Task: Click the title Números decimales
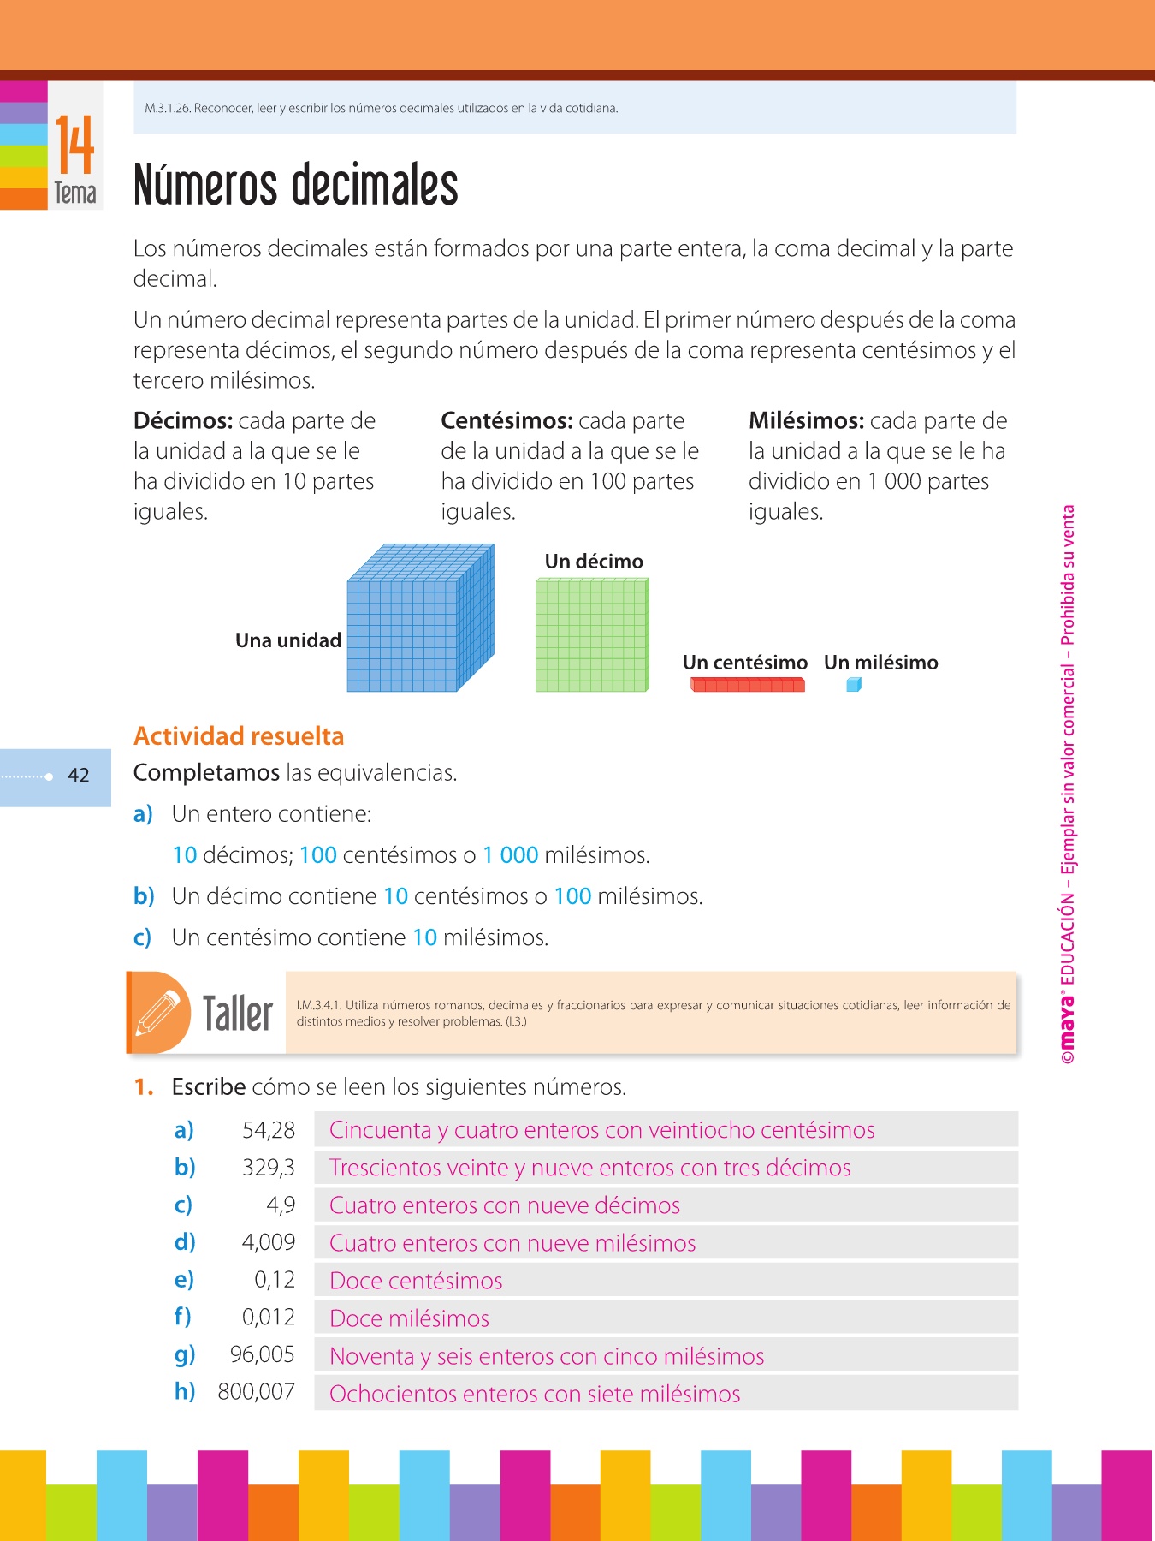295,186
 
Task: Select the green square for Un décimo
592,634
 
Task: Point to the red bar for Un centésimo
747,685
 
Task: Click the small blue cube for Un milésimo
853,684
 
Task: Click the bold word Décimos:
183,421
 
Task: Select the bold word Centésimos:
506,421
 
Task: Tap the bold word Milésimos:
806,421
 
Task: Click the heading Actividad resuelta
239,736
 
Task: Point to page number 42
79,776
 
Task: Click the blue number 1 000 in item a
510,855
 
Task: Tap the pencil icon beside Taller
159,1013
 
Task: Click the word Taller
237,1014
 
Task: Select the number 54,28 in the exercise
268,1130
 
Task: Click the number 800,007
256,1392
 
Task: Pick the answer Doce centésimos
416,1281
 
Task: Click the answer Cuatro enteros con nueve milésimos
512,1243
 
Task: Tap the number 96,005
262,1354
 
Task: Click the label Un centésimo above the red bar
744,663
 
